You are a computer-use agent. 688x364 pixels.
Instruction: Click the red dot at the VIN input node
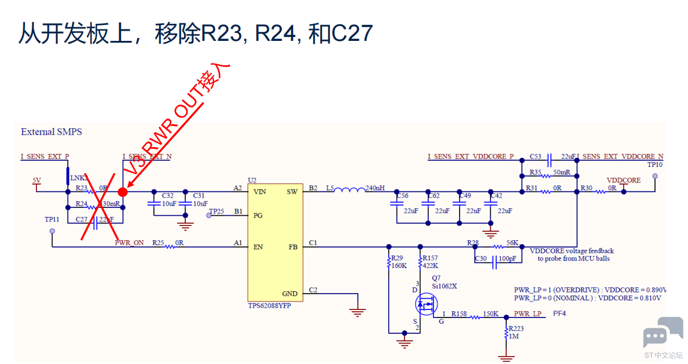pos(122,191)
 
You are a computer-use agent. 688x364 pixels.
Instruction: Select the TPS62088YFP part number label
pos(269,306)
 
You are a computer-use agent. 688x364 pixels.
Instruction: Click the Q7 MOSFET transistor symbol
pos(424,304)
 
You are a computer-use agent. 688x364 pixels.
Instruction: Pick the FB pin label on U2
pos(293,247)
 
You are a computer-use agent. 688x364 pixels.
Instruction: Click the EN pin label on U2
pos(258,247)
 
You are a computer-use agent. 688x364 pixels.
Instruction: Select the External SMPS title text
pos(51,132)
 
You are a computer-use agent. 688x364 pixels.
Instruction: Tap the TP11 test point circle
pos(52,231)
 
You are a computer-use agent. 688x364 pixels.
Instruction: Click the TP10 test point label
pos(655,165)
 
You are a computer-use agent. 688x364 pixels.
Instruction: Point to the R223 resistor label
pos(516,328)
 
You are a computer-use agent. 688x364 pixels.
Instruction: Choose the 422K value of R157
pos(430,265)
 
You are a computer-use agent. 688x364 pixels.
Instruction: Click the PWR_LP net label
pos(528,313)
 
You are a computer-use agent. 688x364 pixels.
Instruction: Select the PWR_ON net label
pos(129,243)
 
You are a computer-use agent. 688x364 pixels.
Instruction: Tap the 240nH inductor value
pos(375,188)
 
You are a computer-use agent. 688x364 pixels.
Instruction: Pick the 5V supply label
pos(37,181)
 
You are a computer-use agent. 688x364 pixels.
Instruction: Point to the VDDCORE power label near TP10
pos(623,181)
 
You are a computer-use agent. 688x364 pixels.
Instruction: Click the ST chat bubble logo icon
pos(662,333)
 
